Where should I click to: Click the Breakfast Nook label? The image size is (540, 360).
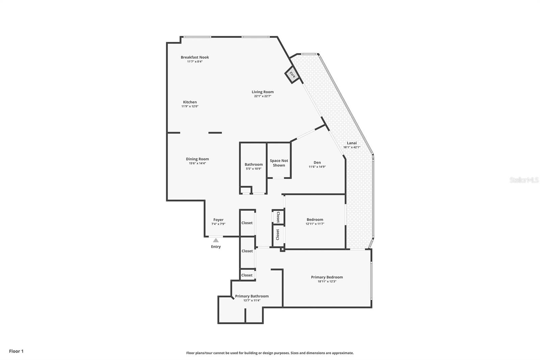pyautogui.click(x=195, y=57)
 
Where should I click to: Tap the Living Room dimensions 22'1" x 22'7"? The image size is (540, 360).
pyautogui.click(x=263, y=96)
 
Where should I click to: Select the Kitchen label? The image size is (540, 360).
pyautogui.click(x=190, y=102)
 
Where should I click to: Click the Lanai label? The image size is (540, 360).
pyautogui.click(x=352, y=143)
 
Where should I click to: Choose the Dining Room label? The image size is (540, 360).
pyautogui.click(x=197, y=159)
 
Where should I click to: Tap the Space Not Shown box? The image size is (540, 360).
pyautogui.click(x=279, y=163)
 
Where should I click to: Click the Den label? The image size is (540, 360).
pyautogui.click(x=317, y=162)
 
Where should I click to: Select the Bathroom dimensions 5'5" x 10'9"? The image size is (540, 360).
pyautogui.click(x=253, y=169)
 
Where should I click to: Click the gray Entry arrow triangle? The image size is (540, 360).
pyautogui.click(x=216, y=240)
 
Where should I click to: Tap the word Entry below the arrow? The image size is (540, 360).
pyautogui.click(x=216, y=247)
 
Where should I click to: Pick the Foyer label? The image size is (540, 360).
pyautogui.click(x=218, y=220)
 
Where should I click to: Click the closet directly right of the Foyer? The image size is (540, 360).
pyautogui.click(x=247, y=223)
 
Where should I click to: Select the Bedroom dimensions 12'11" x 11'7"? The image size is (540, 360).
pyautogui.click(x=315, y=224)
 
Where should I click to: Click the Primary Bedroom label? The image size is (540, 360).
pyautogui.click(x=327, y=277)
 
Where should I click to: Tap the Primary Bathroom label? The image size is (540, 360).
pyautogui.click(x=252, y=296)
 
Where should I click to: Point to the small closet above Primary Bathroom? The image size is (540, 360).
pyautogui.click(x=247, y=275)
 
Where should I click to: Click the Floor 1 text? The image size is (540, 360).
pyautogui.click(x=16, y=351)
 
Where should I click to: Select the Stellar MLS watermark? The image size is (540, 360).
pyautogui.click(x=524, y=180)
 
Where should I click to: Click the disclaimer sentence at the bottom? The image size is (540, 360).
pyautogui.click(x=270, y=353)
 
